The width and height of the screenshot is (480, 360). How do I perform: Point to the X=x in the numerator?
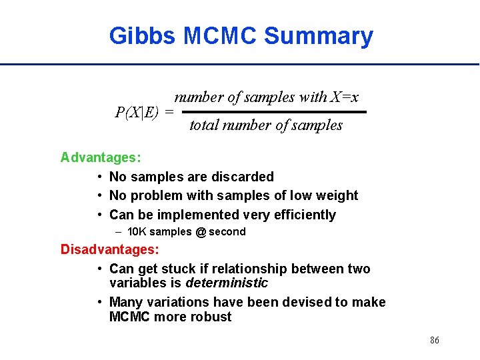(x=345, y=97)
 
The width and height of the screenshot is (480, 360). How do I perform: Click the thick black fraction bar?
(x=274, y=112)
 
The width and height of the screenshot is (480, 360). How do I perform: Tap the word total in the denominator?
(x=203, y=125)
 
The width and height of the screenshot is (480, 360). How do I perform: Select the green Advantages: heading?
(x=101, y=157)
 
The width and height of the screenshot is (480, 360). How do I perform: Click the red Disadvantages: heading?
(x=110, y=249)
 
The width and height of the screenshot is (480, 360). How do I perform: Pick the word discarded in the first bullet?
(x=244, y=177)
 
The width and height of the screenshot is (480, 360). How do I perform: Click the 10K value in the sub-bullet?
(x=137, y=232)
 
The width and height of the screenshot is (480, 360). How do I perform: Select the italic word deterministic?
(x=227, y=283)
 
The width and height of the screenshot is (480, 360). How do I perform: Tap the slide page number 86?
(x=434, y=341)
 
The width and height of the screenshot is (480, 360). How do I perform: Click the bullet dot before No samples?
(x=99, y=177)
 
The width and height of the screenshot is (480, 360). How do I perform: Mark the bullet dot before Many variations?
(x=99, y=302)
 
